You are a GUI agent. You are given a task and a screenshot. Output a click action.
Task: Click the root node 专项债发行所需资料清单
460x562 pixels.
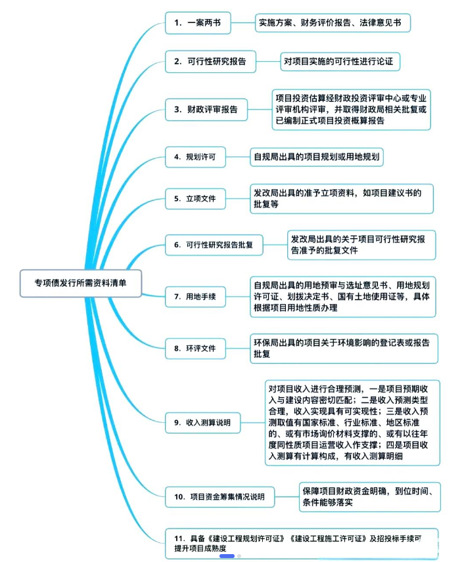click(81, 284)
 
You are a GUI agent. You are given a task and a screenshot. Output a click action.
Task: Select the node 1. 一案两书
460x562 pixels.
click(197, 23)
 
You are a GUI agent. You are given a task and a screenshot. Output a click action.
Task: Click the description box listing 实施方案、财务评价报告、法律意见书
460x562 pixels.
click(333, 23)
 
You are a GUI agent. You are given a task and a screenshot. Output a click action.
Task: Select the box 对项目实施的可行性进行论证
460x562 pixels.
click(340, 62)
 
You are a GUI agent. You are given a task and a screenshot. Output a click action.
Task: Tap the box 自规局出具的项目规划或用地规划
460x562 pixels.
click(317, 157)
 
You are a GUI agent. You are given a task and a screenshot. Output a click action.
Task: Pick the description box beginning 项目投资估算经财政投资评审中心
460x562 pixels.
click(351, 110)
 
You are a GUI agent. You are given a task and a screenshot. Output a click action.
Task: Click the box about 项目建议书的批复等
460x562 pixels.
click(342, 198)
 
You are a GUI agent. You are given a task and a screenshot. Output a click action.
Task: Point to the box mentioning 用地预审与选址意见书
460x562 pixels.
click(342, 297)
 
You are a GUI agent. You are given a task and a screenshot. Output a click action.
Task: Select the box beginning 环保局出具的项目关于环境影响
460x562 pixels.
click(344, 348)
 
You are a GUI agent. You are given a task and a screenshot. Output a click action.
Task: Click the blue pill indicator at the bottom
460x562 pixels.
click(227, 555)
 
